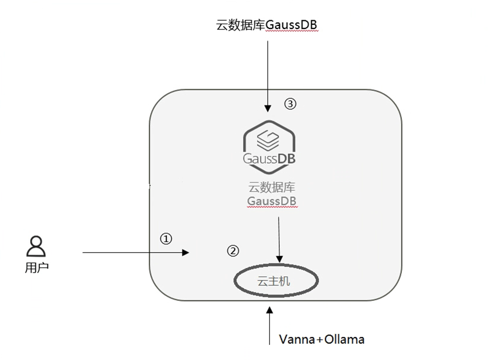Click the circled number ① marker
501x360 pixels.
(166, 238)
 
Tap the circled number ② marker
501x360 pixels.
(233, 251)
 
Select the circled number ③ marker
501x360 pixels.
(290, 104)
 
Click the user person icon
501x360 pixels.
(36, 246)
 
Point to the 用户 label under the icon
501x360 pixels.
(36, 267)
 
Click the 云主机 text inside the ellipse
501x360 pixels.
(274, 281)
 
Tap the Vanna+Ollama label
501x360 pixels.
(322, 339)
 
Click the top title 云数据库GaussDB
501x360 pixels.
(266, 25)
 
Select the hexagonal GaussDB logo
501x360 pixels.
(269, 147)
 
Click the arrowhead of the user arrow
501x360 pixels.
(186, 252)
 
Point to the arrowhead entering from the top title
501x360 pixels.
(268, 108)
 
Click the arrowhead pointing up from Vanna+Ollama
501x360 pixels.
(270, 310)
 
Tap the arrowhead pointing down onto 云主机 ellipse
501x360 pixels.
(280, 259)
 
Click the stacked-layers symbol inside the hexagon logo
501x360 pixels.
(268, 140)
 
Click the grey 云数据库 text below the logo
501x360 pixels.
(272, 188)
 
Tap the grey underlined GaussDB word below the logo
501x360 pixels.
(272, 201)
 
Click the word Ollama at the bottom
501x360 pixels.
(345, 339)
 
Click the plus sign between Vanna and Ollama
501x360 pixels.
(320, 340)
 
